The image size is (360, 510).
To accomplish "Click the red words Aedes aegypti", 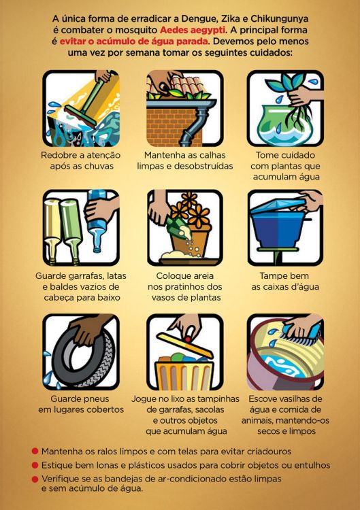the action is (x=193, y=30).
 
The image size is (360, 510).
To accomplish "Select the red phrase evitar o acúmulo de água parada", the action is (x=134, y=41).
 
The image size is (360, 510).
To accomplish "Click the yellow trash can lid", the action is (x=185, y=345).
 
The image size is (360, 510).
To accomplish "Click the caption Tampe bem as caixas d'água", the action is (x=285, y=282).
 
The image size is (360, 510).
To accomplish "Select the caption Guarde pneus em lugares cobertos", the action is (x=81, y=405).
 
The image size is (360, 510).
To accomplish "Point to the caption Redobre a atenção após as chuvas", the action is (x=81, y=160).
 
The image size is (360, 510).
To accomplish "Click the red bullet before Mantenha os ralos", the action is (x=35, y=451).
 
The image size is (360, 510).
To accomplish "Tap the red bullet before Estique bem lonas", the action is (x=35, y=465).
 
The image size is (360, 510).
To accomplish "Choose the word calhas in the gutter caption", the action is (x=212, y=155).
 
